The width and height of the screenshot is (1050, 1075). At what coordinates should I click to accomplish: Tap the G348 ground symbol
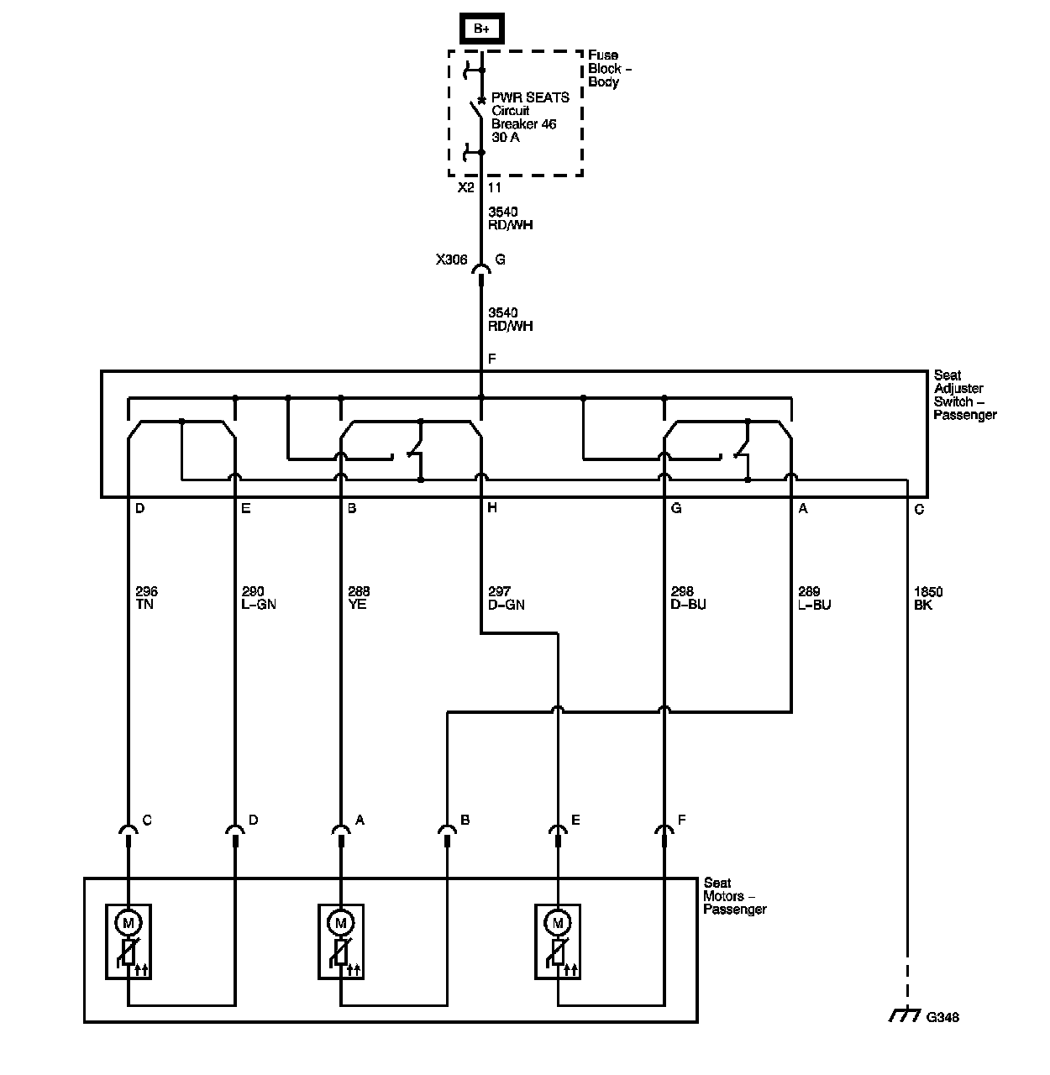coord(904,1016)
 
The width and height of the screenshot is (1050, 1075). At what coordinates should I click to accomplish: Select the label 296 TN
coord(145,598)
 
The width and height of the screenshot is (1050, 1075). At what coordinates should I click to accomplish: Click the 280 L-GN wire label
coord(258,598)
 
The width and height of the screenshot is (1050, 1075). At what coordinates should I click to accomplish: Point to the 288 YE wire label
coord(358,598)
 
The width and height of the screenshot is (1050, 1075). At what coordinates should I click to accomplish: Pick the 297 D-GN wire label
coord(506,598)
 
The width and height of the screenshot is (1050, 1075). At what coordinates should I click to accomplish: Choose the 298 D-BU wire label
coord(689,598)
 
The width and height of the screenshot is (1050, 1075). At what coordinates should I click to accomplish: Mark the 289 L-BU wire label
coord(814,598)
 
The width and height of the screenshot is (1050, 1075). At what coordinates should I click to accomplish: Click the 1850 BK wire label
coord(928,598)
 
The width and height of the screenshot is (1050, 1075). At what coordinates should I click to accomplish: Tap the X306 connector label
coord(451,260)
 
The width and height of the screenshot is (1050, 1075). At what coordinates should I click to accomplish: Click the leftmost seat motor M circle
coord(129,923)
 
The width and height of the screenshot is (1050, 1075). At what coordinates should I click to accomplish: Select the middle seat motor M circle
coord(341,923)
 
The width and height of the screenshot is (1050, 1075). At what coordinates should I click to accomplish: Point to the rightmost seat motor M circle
coord(557,923)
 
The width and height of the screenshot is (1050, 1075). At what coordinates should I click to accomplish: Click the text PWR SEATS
coord(530,97)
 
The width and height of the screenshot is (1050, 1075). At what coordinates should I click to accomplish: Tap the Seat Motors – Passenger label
coord(735,895)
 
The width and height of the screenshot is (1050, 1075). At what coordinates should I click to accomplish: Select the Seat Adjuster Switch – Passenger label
coord(964,395)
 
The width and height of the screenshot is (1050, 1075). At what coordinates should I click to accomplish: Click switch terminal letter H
coord(491,508)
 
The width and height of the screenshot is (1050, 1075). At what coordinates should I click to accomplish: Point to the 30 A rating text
coord(506,137)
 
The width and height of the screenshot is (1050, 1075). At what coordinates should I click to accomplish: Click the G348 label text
coord(942,1018)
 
